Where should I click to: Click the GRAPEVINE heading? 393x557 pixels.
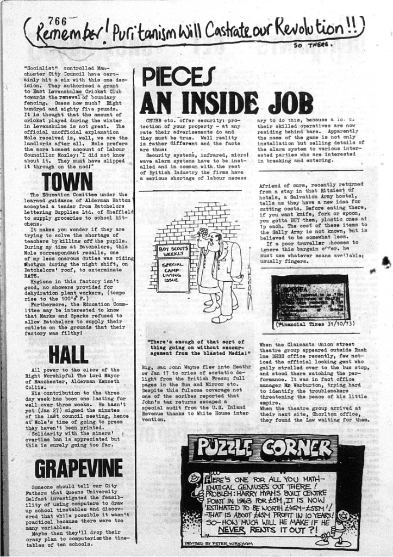tap(78, 468)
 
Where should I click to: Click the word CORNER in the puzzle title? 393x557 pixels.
tap(296, 449)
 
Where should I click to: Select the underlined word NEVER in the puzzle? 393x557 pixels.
tap(233, 528)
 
